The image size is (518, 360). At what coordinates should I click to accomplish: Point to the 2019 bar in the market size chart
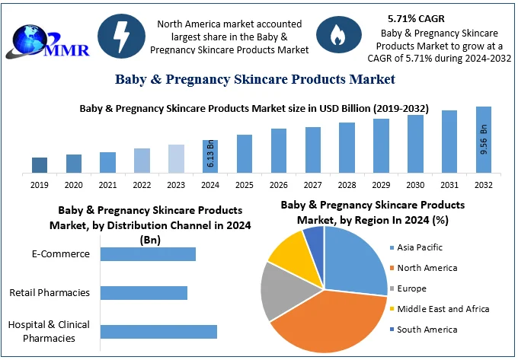tap(40, 164)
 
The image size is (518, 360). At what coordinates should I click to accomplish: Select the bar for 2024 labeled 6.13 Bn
tap(210, 156)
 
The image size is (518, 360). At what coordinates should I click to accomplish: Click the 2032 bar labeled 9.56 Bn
tap(484, 139)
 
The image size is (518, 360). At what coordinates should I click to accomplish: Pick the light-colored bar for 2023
tap(176, 158)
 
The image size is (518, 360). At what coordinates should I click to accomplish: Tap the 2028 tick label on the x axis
tap(347, 185)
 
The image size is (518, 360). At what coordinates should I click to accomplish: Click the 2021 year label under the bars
tap(107, 185)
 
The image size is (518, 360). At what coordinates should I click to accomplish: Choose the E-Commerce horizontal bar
tap(148, 254)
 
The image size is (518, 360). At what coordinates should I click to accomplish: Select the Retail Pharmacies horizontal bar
tap(144, 293)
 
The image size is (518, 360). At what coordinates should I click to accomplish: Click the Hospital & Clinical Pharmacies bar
tap(158, 331)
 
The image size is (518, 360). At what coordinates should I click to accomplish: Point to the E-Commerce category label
tap(60, 254)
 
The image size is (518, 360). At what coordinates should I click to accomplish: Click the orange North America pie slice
tap(328, 320)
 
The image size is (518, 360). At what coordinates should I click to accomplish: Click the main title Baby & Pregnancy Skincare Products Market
tap(255, 79)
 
